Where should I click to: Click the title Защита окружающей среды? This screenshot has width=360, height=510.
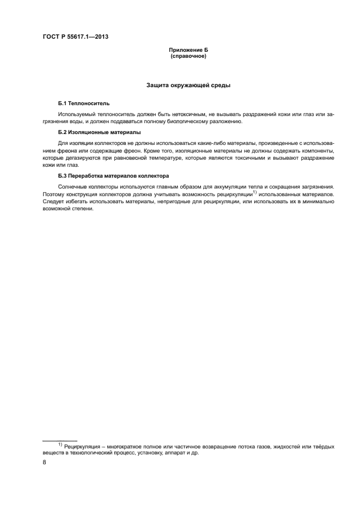coord(188,85)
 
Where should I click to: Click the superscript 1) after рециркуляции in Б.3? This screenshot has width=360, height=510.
coord(255,191)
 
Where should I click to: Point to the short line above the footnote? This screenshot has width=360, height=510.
coord(59,440)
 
